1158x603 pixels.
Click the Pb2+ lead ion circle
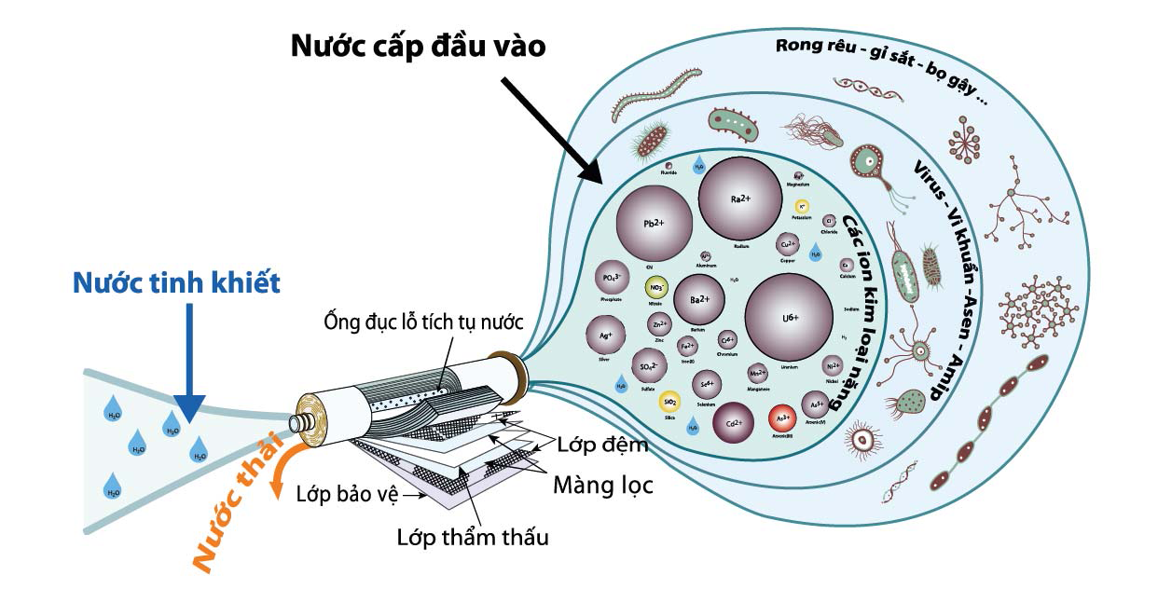pyautogui.click(x=654, y=224)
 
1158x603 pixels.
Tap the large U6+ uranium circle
pyautogui.click(x=790, y=317)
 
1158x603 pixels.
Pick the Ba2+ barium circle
pyautogui.click(x=699, y=299)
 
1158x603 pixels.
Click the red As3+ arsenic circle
pyautogui.click(x=785, y=419)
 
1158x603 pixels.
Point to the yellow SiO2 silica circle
pyautogui.click(x=669, y=403)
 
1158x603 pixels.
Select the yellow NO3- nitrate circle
pyautogui.click(x=655, y=287)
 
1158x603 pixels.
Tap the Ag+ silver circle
pyautogui.click(x=605, y=335)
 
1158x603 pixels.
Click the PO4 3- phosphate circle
pyautogui.click(x=612, y=279)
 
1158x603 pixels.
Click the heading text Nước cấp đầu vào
pyautogui.click(x=418, y=46)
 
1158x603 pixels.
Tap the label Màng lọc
pyautogui.click(x=603, y=485)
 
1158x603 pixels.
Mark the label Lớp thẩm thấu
pyautogui.click(x=473, y=538)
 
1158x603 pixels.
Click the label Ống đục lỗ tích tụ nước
pyautogui.click(x=423, y=322)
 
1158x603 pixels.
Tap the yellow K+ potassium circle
pyautogui.click(x=800, y=206)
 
